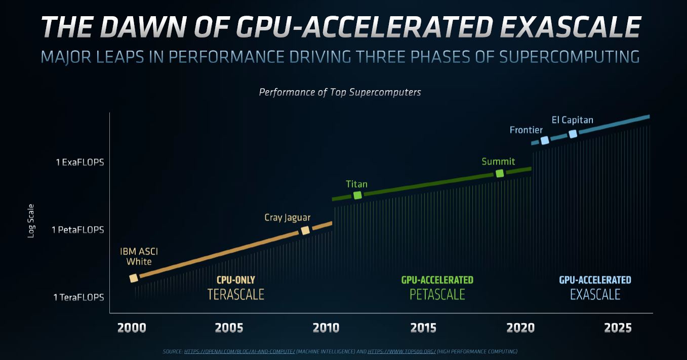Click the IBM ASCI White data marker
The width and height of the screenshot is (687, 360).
pyautogui.click(x=134, y=278)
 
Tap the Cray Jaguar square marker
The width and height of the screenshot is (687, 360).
pyautogui.click(x=305, y=230)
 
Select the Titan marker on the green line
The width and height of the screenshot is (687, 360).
pyautogui.click(x=357, y=195)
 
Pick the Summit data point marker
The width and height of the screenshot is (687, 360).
pyautogui.click(x=500, y=173)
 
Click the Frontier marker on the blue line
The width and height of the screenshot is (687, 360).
pyautogui.click(x=545, y=140)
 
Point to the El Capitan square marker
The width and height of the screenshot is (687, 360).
pyautogui.click(x=573, y=134)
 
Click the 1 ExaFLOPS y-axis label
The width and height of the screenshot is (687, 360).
pyautogui.click(x=79, y=163)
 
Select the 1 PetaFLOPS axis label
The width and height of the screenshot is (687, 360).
pyautogui.click(x=77, y=230)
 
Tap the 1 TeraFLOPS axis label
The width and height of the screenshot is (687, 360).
pyautogui.click(x=78, y=297)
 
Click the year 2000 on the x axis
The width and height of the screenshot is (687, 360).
pyautogui.click(x=132, y=328)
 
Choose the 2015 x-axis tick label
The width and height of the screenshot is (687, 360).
pyautogui.click(x=423, y=328)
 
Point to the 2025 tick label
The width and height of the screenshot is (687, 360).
pyautogui.click(x=618, y=328)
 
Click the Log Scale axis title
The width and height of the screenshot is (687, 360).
pyautogui.click(x=31, y=221)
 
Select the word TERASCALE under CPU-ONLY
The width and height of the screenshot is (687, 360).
pyautogui.click(x=236, y=294)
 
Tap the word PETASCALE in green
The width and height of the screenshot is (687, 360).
pyautogui.click(x=437, y=294)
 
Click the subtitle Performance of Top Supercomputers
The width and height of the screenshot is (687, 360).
pyautogui.click(x=340, y=92)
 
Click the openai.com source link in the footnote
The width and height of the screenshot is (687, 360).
pyautogui.click(x=239, y=351)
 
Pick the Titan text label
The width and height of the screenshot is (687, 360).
pyautogui.click(x=356, y=184)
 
